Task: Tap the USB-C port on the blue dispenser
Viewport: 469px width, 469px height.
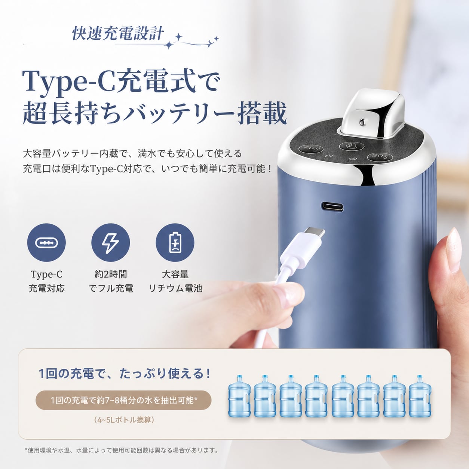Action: click(332, 206)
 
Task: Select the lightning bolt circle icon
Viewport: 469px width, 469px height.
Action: click(110, 242)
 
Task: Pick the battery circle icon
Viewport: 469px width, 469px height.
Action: click(175, 242)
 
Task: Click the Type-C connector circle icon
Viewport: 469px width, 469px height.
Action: click(46, 242)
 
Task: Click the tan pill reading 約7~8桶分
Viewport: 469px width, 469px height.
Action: click(124, 400)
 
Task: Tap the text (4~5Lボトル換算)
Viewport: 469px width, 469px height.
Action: click(124, 420)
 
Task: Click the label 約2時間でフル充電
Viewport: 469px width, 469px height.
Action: click(111, 281)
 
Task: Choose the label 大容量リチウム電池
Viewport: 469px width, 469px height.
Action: click(175, 281)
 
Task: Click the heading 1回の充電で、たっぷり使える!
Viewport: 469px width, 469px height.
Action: click(125, 374)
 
